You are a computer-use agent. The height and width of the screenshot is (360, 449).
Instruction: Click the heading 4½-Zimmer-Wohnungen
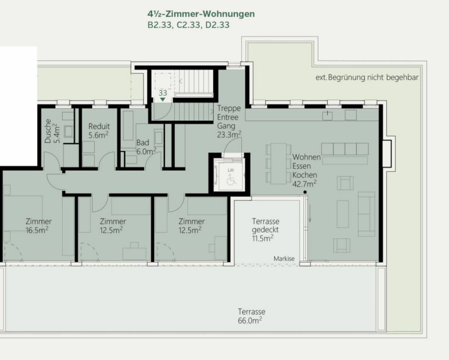201,14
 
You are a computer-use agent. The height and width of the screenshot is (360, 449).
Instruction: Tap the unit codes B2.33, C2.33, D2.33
188,25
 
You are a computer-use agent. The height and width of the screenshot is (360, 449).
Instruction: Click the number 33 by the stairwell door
163,93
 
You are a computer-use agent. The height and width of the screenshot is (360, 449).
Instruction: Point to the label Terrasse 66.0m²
251,316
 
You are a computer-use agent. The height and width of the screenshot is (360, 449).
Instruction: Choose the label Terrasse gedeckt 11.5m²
266,229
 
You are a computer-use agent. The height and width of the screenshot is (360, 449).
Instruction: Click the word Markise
284,259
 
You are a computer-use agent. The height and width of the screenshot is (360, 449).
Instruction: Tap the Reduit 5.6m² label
99,130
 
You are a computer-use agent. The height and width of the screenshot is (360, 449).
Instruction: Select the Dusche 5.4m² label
51,130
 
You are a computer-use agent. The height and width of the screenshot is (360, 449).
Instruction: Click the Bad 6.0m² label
145,147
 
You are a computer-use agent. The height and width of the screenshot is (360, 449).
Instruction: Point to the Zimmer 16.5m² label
38,225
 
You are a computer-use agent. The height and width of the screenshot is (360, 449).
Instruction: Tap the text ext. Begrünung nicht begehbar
367,77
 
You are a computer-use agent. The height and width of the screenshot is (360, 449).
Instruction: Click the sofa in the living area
366,213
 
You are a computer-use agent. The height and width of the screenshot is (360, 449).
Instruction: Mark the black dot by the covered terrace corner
305,193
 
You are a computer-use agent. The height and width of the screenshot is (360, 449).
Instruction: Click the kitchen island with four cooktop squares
345,149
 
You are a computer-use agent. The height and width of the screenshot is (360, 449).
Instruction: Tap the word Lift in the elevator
231,170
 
